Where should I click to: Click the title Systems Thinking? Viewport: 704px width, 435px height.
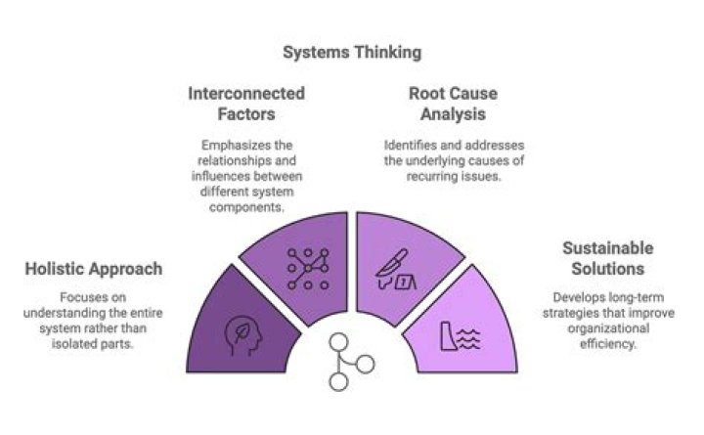[x=352, y=53]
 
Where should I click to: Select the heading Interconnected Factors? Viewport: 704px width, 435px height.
[x=246, y=104]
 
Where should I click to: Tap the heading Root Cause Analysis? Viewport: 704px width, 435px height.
[x=453, y=104]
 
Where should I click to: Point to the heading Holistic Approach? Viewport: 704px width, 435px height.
[x=94, y=269]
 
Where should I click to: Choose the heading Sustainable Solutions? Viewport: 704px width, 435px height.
[x=608, y=259]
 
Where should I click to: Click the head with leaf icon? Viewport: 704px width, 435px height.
[x=242, y=336]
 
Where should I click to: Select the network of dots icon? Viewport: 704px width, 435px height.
[x=308, y=269]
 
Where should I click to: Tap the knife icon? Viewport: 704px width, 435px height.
[x=392, y=263]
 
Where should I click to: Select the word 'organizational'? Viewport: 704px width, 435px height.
[x=608, y=328]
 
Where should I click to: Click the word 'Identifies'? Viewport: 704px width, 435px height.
[x=404, y=146]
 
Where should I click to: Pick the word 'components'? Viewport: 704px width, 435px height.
[x=246, y=207]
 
